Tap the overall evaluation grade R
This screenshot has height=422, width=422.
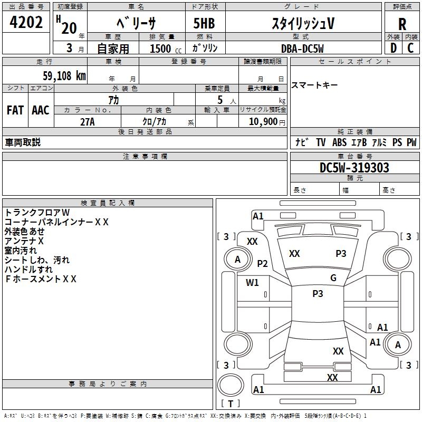(x=402, y=24)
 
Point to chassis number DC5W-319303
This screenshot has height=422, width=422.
(x=354, y=168)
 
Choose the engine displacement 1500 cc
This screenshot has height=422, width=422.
(x=161, y=49)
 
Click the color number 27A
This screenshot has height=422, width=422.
(x=88, y=121)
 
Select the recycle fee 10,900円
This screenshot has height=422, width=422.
(x=262, y=121)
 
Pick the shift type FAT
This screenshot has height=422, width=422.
(x=15, y=110)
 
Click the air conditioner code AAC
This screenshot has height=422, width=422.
(x=41, y=110)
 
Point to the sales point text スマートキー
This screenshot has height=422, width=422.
(x=314, y=85)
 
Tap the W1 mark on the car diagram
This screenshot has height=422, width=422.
(x=253, y=282)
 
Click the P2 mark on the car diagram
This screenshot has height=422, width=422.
(x=263, y=264)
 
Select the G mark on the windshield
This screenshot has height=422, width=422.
(x=333, y=278)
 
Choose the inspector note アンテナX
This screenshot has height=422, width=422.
(x=24, y=241)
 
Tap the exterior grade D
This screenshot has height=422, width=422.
(x=393, y=48)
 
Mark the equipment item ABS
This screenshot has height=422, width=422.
(x=339, y=142)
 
